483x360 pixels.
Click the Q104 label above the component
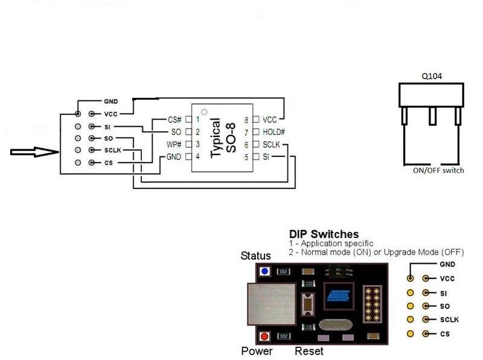pyautogui.click(x=431, y=77)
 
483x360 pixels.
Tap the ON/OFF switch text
pyautogui.click(x=438, y=170)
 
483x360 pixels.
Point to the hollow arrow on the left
pyautogui.click(x=34, y=152)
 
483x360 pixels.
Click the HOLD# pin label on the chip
pyautogui.click(x=274, y=132)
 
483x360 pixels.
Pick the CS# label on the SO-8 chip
pyautogui.click(x=175, y=120)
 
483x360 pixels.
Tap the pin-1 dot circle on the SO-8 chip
pyautogui.click(x=204, y=112)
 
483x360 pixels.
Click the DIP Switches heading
pyautogui.click(x=324, y=234)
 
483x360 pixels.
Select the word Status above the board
pyautogui.click(x=256, y=256)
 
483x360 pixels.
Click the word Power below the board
pyautogui.click(x=257, y=351)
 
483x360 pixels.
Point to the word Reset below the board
pyautogui.click(x=309, y=351)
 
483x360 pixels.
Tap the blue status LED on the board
pyautogui.click(x=264, y=272)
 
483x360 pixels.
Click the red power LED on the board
pyautogui.click(x=264, y=336)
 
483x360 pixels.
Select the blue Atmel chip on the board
pyautogui.click(x=337, y=297)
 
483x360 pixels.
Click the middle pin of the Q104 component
pyautogui.click(x=432, y=116)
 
